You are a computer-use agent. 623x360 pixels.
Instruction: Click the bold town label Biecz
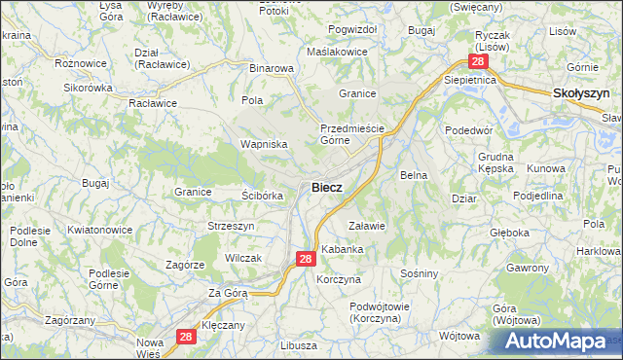(x=326, y=188)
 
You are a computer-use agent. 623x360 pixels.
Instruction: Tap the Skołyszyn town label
(x=581, y=93)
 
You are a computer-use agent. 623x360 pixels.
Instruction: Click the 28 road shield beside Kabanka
(x=305, y=259)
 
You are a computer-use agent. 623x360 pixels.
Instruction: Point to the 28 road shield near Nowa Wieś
(x=189, y=337)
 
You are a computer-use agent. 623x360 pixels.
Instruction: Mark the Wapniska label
(x=264, y=144)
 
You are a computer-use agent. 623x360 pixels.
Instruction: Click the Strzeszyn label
(x=231, y=226)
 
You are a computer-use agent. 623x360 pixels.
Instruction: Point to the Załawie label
(x=368, y=226)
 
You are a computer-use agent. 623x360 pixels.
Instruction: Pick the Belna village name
(x=415, y=175)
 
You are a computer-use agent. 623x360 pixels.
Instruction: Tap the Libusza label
(x=298, y=346)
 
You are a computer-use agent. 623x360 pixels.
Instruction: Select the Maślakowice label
(x=337, y=52)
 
